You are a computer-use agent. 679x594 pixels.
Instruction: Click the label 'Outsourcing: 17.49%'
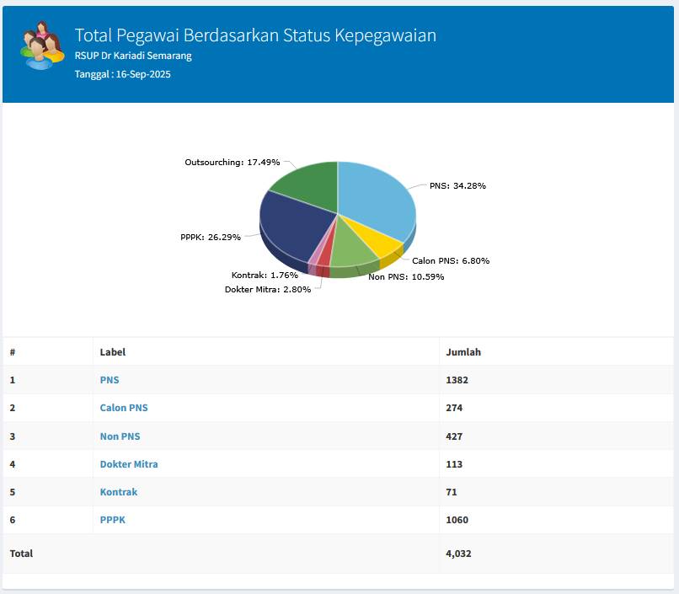coord(233,163)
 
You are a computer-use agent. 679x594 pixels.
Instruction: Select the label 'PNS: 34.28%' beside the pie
coord(457,185)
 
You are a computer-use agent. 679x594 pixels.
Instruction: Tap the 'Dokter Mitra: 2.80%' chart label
coord(268,289)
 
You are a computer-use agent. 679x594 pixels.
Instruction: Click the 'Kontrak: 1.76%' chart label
coord(265,275)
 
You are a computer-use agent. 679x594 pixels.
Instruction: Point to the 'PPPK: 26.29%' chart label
coord(211,238)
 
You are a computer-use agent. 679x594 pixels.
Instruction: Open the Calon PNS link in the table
coord(124,408)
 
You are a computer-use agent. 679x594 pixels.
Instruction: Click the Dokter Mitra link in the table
coord(129,464)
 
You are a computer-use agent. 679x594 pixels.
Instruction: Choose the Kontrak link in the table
coord(119,492)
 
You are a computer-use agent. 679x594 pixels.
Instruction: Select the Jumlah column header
coord(463,352)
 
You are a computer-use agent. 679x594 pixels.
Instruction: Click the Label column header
coord(113,352)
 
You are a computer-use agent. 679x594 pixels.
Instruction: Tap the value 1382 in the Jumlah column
coord(457,380)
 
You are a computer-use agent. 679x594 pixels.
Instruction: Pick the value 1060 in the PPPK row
coord(457,520)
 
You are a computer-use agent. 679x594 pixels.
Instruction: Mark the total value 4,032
coord(458,554)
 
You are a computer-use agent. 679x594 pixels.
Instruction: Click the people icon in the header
coord(42,45)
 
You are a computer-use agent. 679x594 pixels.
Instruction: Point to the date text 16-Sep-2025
coord(143,74)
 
